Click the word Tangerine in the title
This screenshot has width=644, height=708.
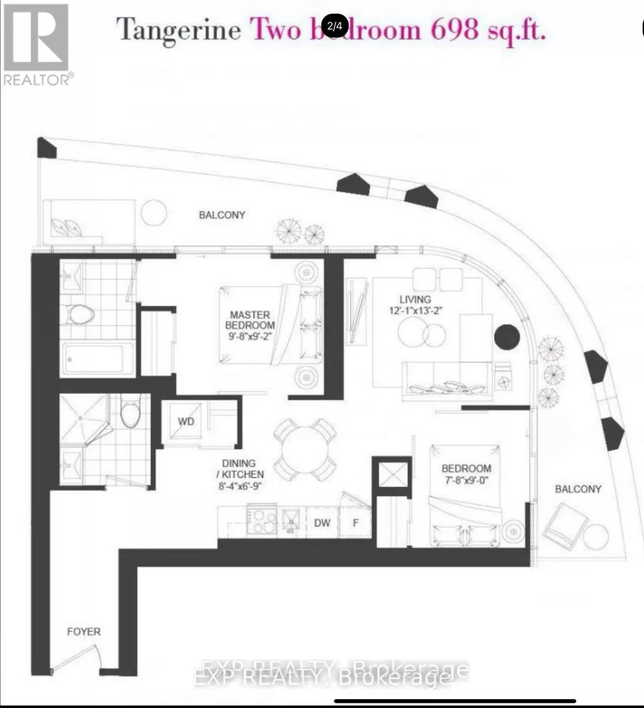179,29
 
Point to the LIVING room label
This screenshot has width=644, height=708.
415,299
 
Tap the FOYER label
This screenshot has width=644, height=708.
84,631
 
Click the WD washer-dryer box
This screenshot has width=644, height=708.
186,422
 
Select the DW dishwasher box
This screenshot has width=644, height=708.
322,523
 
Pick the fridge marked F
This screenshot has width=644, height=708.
356,523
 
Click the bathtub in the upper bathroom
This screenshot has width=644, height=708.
94,358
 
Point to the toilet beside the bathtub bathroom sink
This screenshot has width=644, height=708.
80,314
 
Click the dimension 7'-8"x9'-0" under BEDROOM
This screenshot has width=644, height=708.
466,480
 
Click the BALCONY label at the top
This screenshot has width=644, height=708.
222,215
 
